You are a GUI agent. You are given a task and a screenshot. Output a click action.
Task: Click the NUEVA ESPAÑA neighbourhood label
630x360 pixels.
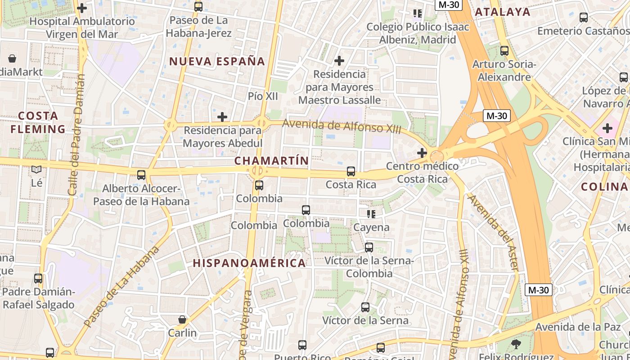pyautogui.click(x=217, y=62)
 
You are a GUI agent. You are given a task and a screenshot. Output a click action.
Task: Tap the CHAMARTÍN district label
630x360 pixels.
pyautogui.click(x=272, y=161)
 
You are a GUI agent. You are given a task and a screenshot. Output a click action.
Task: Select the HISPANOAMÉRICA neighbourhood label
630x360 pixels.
pyautogui.click(x=249, y=263)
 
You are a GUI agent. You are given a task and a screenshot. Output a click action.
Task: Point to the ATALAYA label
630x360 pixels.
pyautogui.click(x=503, y=12)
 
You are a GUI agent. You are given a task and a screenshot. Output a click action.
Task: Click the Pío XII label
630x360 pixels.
pyautogui.click(x=263, y=96)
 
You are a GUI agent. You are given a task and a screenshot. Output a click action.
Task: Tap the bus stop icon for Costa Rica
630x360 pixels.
pyautogui.click(x=351, y=171)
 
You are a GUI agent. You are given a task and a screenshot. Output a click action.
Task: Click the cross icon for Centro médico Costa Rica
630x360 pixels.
pyautogui.click(x=422, y=153)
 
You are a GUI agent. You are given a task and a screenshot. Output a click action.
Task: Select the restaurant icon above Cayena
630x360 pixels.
pyautogui.click(x=371, y=214)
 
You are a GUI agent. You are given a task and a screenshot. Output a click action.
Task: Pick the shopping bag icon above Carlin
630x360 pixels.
pyautogui.click(x=182, y=319)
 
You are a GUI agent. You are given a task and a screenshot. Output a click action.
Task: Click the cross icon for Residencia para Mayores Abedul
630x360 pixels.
pyautogui.click(x=222, y=117)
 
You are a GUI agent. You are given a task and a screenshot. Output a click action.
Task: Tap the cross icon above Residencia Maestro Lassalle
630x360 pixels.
pyautogui.click(x=339, y=60)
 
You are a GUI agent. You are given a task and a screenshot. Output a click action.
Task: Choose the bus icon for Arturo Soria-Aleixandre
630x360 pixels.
pyautogui.click(x=504, y=51)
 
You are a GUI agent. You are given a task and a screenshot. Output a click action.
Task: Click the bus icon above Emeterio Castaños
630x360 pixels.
pyautogui.click(x=584, y=18)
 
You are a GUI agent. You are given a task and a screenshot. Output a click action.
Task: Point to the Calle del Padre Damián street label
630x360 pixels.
pyautogui.click(x=76, y=135)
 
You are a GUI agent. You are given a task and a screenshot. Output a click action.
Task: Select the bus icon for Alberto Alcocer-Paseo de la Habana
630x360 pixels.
pyautogui.click(x=141, y=175)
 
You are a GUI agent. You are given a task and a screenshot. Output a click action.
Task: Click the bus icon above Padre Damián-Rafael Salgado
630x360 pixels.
pyautogui.click(x=38, y=279)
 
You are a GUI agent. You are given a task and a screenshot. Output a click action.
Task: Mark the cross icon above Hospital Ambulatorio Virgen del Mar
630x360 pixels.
pyautogui.click(x=82, y=8)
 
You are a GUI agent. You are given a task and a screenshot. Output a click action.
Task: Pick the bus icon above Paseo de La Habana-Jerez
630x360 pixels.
pyautogui.click(x=198, y=7)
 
